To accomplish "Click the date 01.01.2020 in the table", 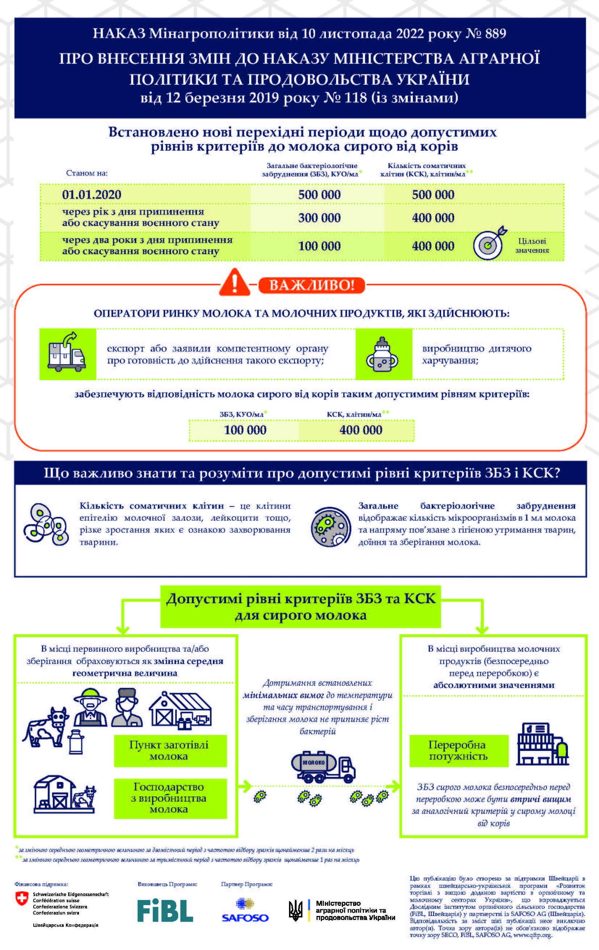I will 92,195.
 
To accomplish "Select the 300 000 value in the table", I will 319,218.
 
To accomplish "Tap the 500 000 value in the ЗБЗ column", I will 319,195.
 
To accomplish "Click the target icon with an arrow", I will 490,243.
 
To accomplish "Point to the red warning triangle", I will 234,283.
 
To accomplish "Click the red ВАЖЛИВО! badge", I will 311,285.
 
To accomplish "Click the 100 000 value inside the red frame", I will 245,430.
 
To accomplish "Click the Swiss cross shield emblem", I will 22,899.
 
